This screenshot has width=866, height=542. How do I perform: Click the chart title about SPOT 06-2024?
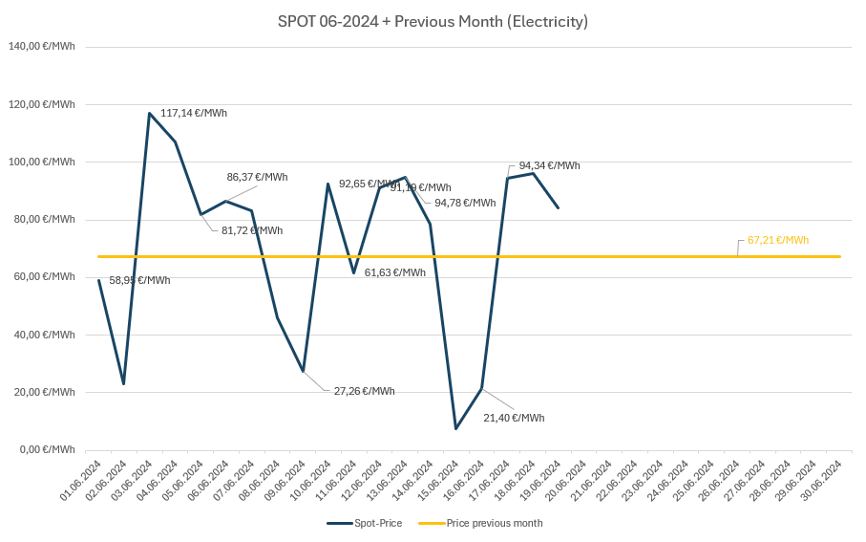pos(433,21)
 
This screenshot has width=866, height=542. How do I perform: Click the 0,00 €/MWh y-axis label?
pos(44,449)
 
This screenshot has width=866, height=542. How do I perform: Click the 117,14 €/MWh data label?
pos(194,113)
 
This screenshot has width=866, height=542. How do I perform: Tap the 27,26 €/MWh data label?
pos(364,391)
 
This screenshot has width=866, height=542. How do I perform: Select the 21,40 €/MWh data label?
pos(514,418)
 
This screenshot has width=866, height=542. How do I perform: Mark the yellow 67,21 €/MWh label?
pos(777,240)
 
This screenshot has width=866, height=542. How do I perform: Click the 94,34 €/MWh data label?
pos(549,165)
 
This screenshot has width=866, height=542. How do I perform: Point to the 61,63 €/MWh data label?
pos(394,272)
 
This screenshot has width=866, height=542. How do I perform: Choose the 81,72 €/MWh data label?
pos(252,230)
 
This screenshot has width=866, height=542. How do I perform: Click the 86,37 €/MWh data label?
pos(257,177)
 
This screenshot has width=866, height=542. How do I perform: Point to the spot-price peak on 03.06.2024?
pos(149,113)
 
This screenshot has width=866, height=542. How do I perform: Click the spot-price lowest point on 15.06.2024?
pos(455,428)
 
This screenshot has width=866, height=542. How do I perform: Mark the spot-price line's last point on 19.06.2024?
pos(559,207)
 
